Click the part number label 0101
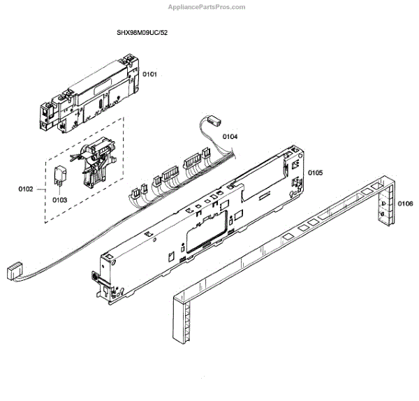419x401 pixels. click(x=150, y=73)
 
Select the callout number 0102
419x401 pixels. click(x=27, y=188)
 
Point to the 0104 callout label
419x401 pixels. click(x=230, y=136)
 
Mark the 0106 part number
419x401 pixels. click(x=404, y=203)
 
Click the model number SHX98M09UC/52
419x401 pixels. click(x=142, y=33)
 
